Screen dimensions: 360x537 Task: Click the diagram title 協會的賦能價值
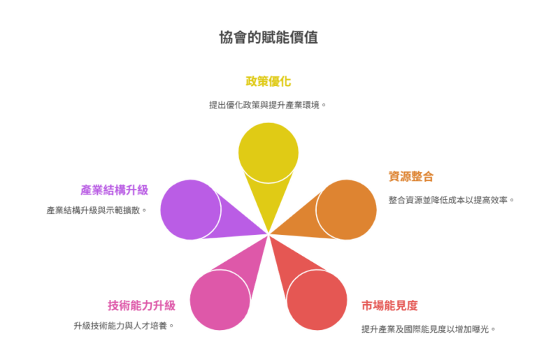point(268,37)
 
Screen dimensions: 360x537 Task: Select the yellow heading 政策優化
point(268,81)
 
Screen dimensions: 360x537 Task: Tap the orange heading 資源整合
point(411,176)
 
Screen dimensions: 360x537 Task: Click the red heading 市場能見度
point(389,305)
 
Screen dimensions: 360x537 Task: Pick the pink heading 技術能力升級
point(141,305)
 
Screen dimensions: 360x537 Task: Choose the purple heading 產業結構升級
point(115,190)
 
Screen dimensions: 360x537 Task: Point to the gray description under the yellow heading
point(267,105)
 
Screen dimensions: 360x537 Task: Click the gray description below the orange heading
point(451,200)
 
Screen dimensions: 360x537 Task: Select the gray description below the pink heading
point(123,326)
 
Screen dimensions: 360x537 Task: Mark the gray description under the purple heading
point(96,210)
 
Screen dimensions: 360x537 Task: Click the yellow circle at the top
point(268,152)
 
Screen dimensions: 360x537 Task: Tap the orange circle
point(347,210)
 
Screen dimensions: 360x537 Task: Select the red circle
point(317,300)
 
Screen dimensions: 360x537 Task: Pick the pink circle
point(220,300)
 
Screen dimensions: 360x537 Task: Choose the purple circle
point(190,210)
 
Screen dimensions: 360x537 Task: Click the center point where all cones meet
point(268,234)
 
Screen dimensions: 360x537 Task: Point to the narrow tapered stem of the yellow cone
point(268,203)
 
